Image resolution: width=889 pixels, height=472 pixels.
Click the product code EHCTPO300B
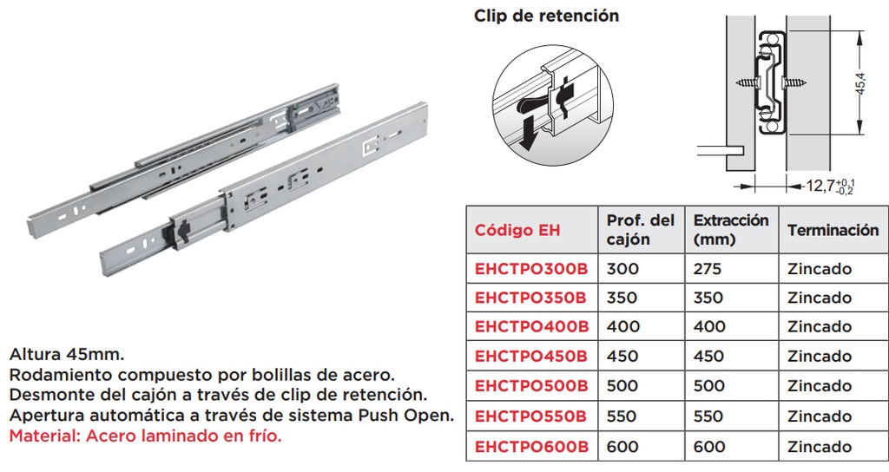pyautogui.click(x=531, y=268)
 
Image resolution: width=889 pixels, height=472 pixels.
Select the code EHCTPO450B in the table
pyautogui.click(x=531, y=357)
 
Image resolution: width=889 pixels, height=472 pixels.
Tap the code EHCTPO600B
pyautogui.click(x=531, y=447)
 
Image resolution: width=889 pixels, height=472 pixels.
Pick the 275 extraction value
pyautogui.click(x=708, y=268)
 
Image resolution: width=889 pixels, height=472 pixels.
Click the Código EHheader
pyautogui.click(x=517, y=231)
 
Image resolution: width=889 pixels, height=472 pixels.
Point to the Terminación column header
pyautogui.click(x=833, y=231)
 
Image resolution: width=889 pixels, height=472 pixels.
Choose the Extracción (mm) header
pyautogui.click(x=731, y=230)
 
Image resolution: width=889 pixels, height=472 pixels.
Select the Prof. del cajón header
pyautogui.click(x=640, y=230)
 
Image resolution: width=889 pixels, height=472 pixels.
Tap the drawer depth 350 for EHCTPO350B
pyautogui.click(x=622, y=298)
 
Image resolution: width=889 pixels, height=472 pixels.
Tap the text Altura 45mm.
pyautogui.click(x=67, y=356)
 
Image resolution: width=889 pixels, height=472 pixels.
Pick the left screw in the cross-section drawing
pyautogui.click(x=746, y=83)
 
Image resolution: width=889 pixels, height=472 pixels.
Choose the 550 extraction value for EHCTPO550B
pyautogui.click(x=708, y=416)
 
